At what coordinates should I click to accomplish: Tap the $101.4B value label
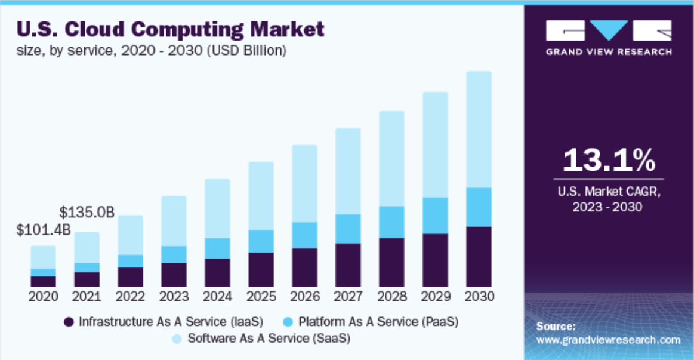44,230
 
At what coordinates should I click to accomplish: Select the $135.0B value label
87,212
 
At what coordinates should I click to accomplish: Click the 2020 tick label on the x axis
44,297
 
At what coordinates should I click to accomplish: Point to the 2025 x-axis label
261,297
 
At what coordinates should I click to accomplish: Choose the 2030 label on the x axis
479,297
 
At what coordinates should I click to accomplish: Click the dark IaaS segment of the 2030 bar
479,257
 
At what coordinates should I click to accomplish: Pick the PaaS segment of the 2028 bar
391,222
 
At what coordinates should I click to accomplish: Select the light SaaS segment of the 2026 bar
304,183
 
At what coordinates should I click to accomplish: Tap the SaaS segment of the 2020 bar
44,257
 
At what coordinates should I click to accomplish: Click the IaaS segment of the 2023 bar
174,275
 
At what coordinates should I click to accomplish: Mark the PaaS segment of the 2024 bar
217,248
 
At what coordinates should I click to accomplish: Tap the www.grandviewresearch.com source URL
608,340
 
